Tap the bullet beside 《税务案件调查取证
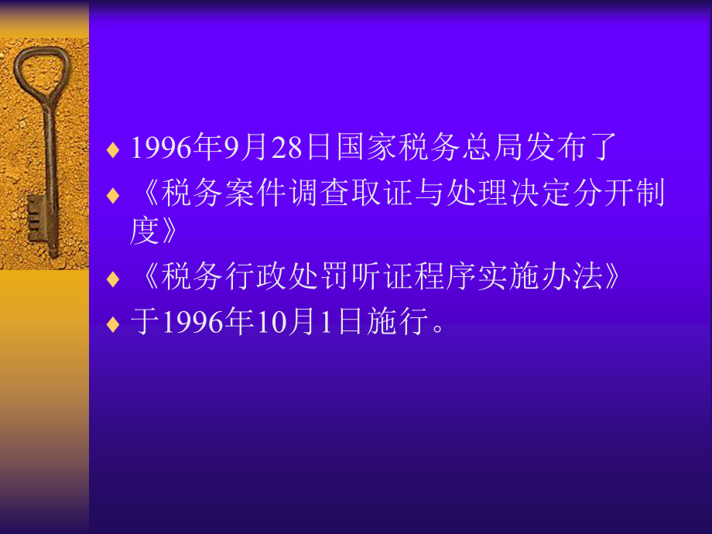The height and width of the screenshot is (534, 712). point(113,194)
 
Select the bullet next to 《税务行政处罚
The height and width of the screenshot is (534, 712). point(113,279)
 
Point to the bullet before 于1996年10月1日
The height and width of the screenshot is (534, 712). point(113,323)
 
